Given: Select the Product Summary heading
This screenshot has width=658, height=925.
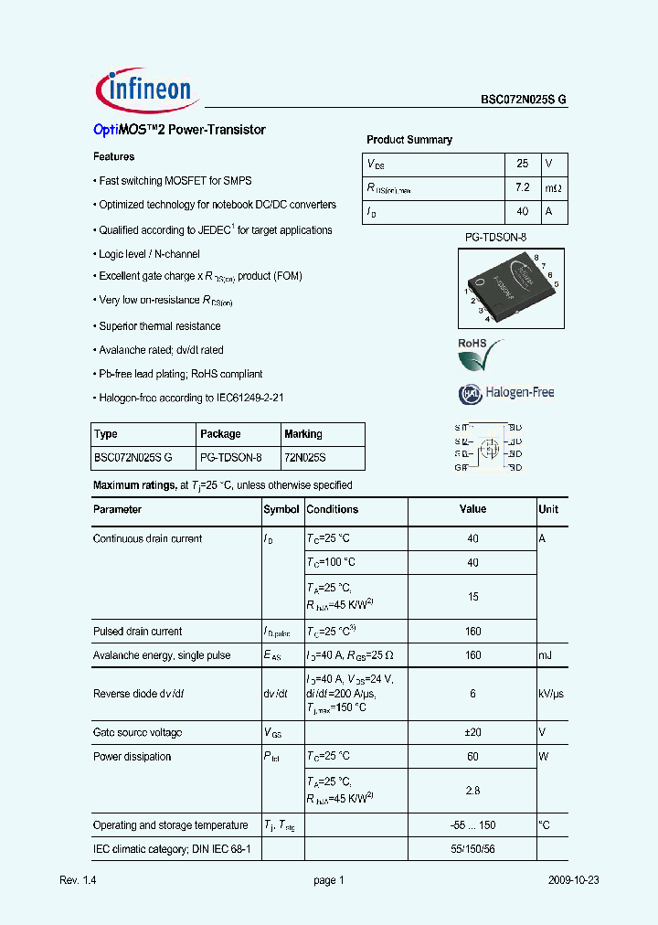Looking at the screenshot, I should point(409,140).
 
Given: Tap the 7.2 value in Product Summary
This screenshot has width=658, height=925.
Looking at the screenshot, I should point(523,188).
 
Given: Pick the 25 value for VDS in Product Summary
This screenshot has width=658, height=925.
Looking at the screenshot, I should point(523,164).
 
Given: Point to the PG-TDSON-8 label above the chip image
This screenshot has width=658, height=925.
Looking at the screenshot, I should point(496,237).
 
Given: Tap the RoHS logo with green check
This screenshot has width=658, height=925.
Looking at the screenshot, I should point(480,355).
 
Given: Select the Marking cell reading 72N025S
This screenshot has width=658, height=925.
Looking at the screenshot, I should point(304,457).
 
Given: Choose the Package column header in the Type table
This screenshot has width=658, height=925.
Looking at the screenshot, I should point(220,434).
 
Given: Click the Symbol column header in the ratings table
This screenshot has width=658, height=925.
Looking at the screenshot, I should point(281,509).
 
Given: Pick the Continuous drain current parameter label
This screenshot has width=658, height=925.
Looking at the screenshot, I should point(148,538).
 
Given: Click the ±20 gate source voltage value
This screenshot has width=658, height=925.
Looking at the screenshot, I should point(472,732).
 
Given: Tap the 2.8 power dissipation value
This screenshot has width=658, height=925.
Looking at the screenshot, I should point(472,790).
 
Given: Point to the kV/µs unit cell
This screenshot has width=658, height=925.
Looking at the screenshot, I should point(551,694).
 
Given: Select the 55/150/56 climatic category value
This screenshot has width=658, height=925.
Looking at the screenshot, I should point(472,849).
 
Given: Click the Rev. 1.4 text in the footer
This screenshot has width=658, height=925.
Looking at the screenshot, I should point(78,880).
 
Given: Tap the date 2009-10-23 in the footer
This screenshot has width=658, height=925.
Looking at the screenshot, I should point(574,880).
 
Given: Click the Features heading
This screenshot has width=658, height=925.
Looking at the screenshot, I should point(114,157).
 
